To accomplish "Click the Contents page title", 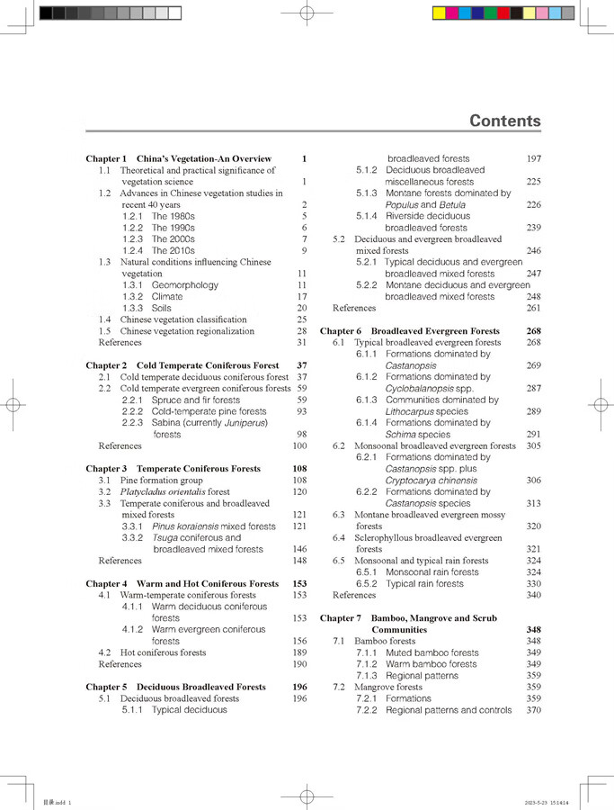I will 504,121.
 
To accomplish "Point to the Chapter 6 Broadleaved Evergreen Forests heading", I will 422,331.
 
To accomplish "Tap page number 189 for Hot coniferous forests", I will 299,652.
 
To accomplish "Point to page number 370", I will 534,710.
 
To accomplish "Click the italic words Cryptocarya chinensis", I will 432,480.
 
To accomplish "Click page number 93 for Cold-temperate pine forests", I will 301,411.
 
